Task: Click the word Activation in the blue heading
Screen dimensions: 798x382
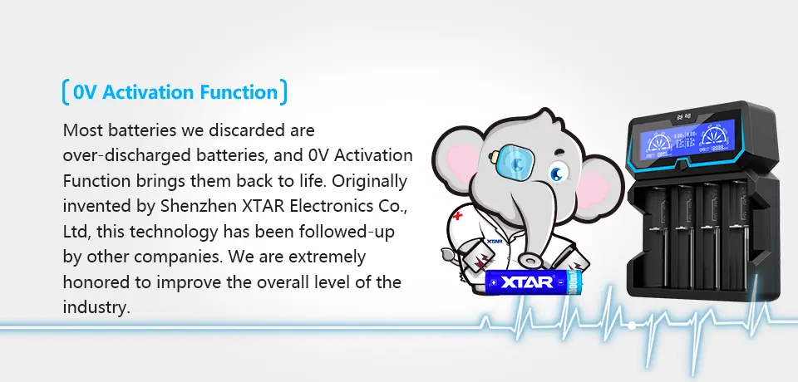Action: (x=149, y=92)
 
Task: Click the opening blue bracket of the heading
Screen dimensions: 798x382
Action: (x=66, y=92)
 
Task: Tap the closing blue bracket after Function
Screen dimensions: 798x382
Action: (x=283, y=92)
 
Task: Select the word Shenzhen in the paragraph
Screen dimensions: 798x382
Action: (x=199, y=206)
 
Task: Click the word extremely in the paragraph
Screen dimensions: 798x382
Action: (x=327, y=257)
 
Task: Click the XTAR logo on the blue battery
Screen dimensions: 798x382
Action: (x=527, y=282)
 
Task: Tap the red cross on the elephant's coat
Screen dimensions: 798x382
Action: (x=457, y=215)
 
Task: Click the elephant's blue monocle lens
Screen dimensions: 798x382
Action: (x=517, y=164)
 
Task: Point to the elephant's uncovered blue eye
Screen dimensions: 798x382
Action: (x=557, y=174)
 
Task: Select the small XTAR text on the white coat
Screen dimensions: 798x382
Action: (x=494, y=241)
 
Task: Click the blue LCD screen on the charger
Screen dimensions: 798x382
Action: (x=687, y=139)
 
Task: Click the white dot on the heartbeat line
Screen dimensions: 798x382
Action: (x=632, y=325)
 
